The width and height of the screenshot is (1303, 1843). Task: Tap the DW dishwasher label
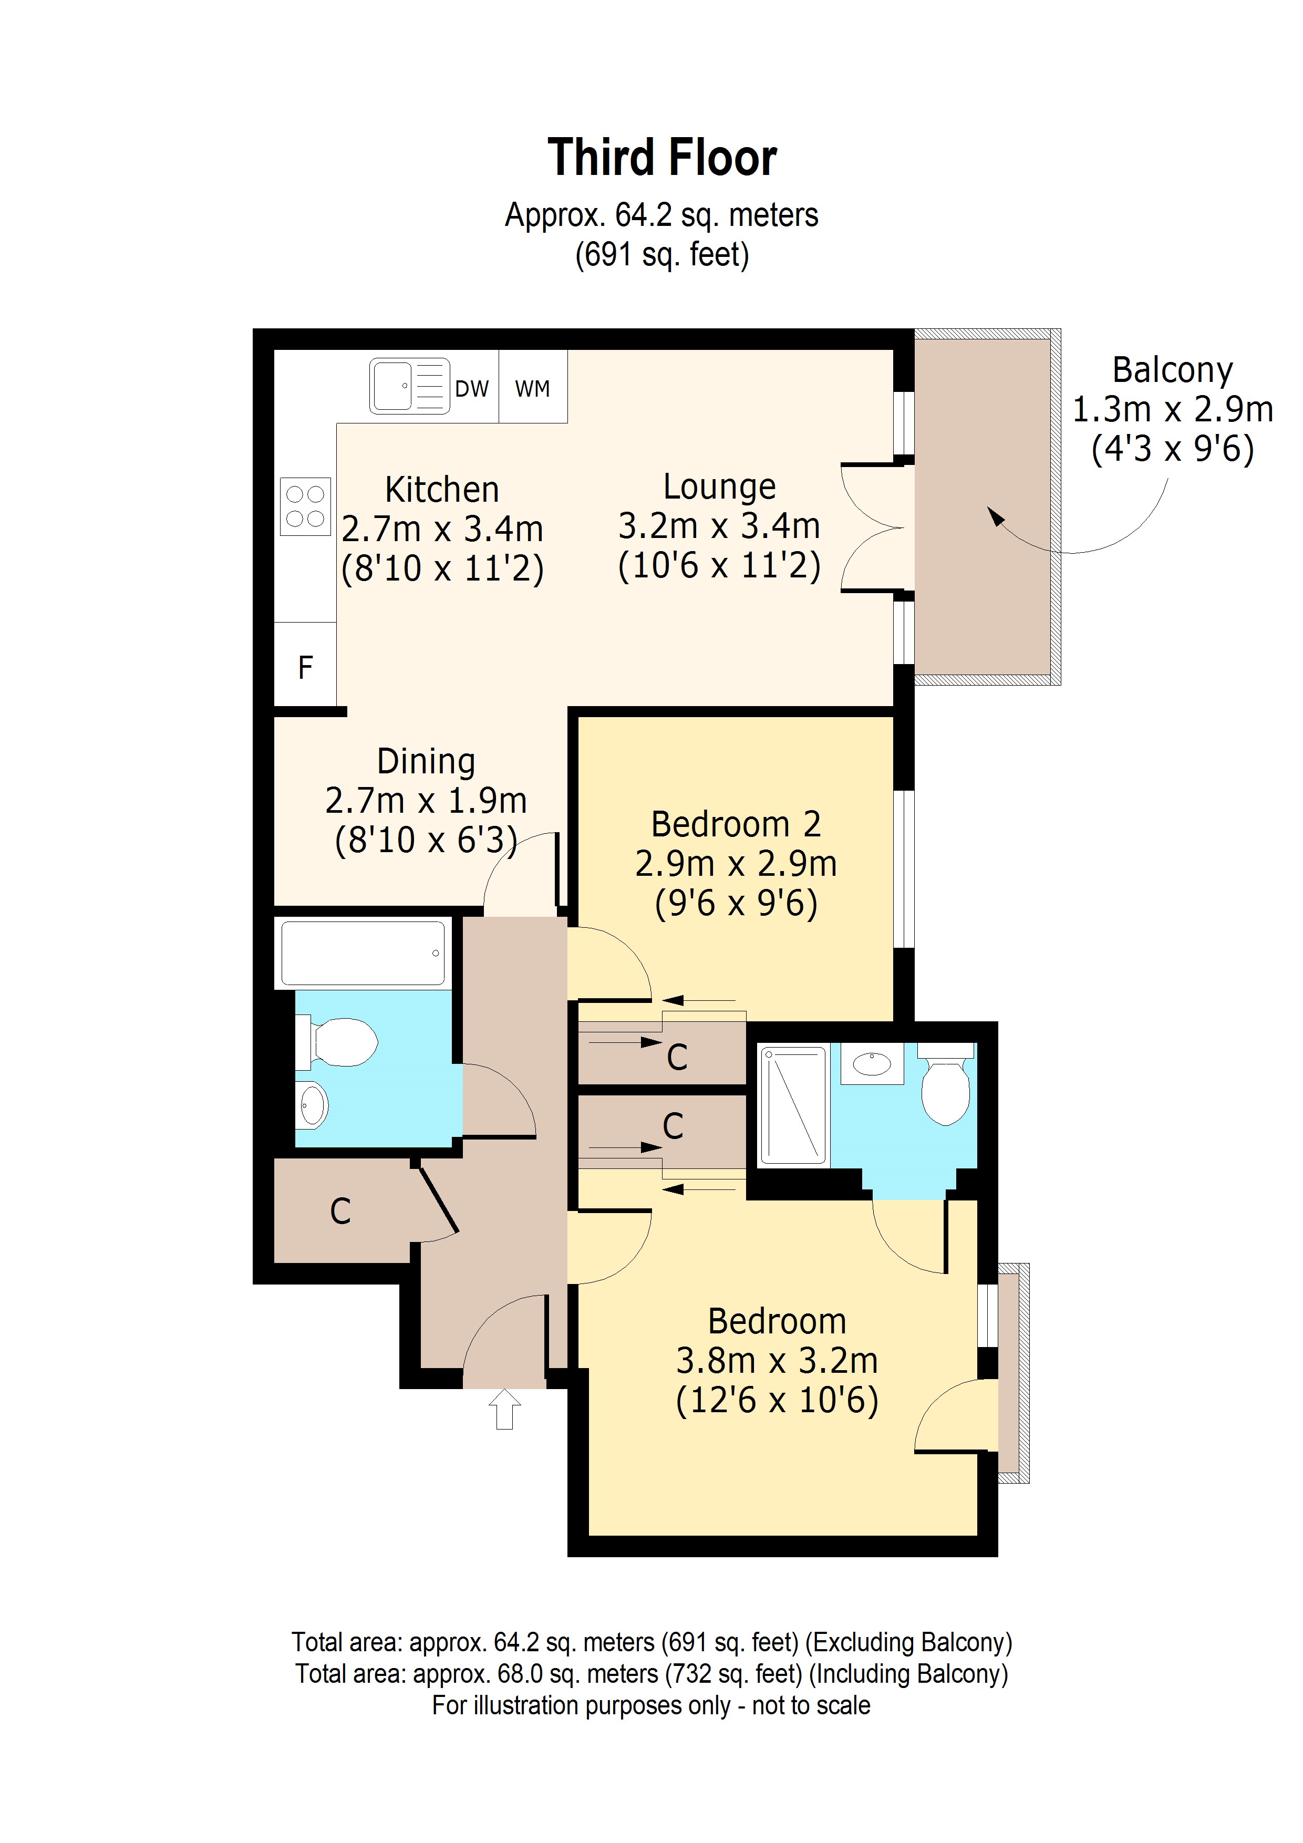pos(471,389)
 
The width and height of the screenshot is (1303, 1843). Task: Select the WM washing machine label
pos(532,389)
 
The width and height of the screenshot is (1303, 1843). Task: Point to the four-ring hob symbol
pos(305,506)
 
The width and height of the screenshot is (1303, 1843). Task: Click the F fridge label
pos(305,667)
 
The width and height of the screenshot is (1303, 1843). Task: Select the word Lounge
pos(719,486)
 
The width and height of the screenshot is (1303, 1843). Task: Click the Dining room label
pos(426,761)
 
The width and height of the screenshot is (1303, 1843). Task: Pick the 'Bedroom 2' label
pos(736,824)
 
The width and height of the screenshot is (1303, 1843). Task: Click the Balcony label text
pos(1172,370)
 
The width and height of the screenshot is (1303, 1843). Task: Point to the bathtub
pos(363,953)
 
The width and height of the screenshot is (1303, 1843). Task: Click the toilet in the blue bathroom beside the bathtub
pos(340,1042)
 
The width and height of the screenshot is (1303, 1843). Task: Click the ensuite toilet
pos(946,1084)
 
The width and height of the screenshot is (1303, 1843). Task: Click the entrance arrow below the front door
pos(504,1410)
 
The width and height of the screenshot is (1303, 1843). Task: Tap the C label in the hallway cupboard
pos(340,1212)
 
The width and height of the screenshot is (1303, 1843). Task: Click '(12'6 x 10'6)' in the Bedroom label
pos(777,1401)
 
